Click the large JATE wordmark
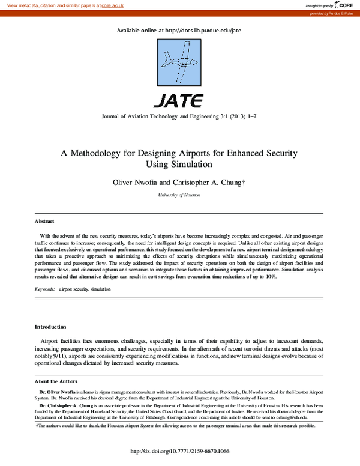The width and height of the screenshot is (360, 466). (179, 100)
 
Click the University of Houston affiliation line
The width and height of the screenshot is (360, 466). (179, 195)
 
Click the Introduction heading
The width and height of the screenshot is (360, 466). (50, 327)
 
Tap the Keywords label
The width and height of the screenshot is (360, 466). (44, 289)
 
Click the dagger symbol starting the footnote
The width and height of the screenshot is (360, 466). (38, 425)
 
